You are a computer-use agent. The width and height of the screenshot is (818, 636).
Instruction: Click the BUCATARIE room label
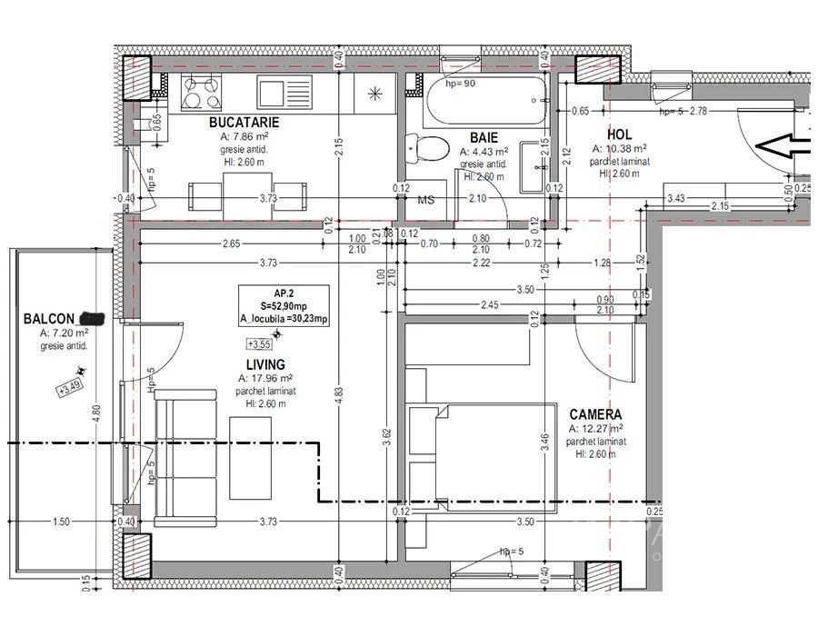(x=244, y=122)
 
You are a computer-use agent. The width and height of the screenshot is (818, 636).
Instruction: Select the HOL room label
(x=619, y=134)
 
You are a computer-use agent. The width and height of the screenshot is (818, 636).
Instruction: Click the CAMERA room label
(x=595, y=414)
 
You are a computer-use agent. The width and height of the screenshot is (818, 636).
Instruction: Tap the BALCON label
(x=49, y=319)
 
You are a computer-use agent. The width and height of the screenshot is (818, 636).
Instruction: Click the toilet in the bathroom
(x=427, y=147)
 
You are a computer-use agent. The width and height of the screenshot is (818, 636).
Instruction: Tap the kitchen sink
(x=274, y=91)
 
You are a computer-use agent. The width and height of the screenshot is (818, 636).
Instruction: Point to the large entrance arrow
(x=783, y=144)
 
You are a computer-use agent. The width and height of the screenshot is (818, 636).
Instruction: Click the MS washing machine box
(x=426, y=199)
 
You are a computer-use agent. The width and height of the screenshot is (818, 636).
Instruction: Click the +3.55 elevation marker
(x=259, y=343)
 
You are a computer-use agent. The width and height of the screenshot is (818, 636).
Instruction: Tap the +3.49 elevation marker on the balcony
(x=69, y=390)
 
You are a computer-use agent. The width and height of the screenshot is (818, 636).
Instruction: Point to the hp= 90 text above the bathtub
(x=460, y=83)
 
